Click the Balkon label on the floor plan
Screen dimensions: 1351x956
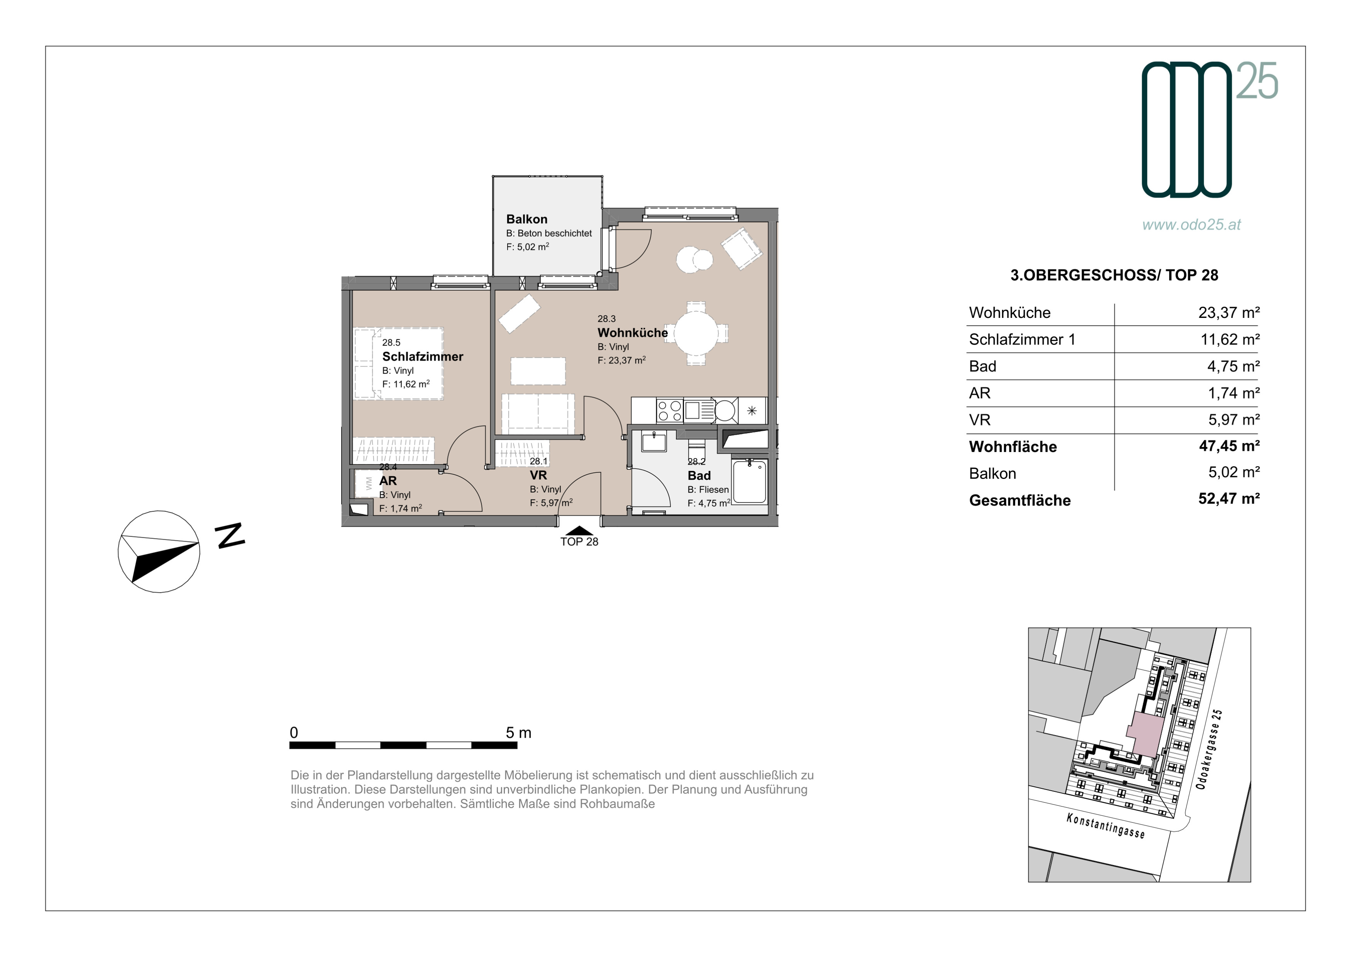[527, 219]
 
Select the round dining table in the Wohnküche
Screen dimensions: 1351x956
[696, 333]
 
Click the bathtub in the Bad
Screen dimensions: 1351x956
[750, 482]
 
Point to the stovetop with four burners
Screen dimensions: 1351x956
[669, 410]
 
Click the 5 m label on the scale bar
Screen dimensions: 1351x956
[518, 733]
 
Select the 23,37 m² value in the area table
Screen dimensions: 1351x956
[1229, 312]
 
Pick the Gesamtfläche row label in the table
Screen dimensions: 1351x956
[1020, 500]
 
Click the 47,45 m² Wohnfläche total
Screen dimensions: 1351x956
[1229, 446]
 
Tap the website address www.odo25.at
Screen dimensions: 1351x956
[1192, 225]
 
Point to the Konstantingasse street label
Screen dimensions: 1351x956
[1106, 826]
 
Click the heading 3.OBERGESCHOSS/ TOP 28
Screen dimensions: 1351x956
[1114, 275]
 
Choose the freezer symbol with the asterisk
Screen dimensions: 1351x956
[752, 410]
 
